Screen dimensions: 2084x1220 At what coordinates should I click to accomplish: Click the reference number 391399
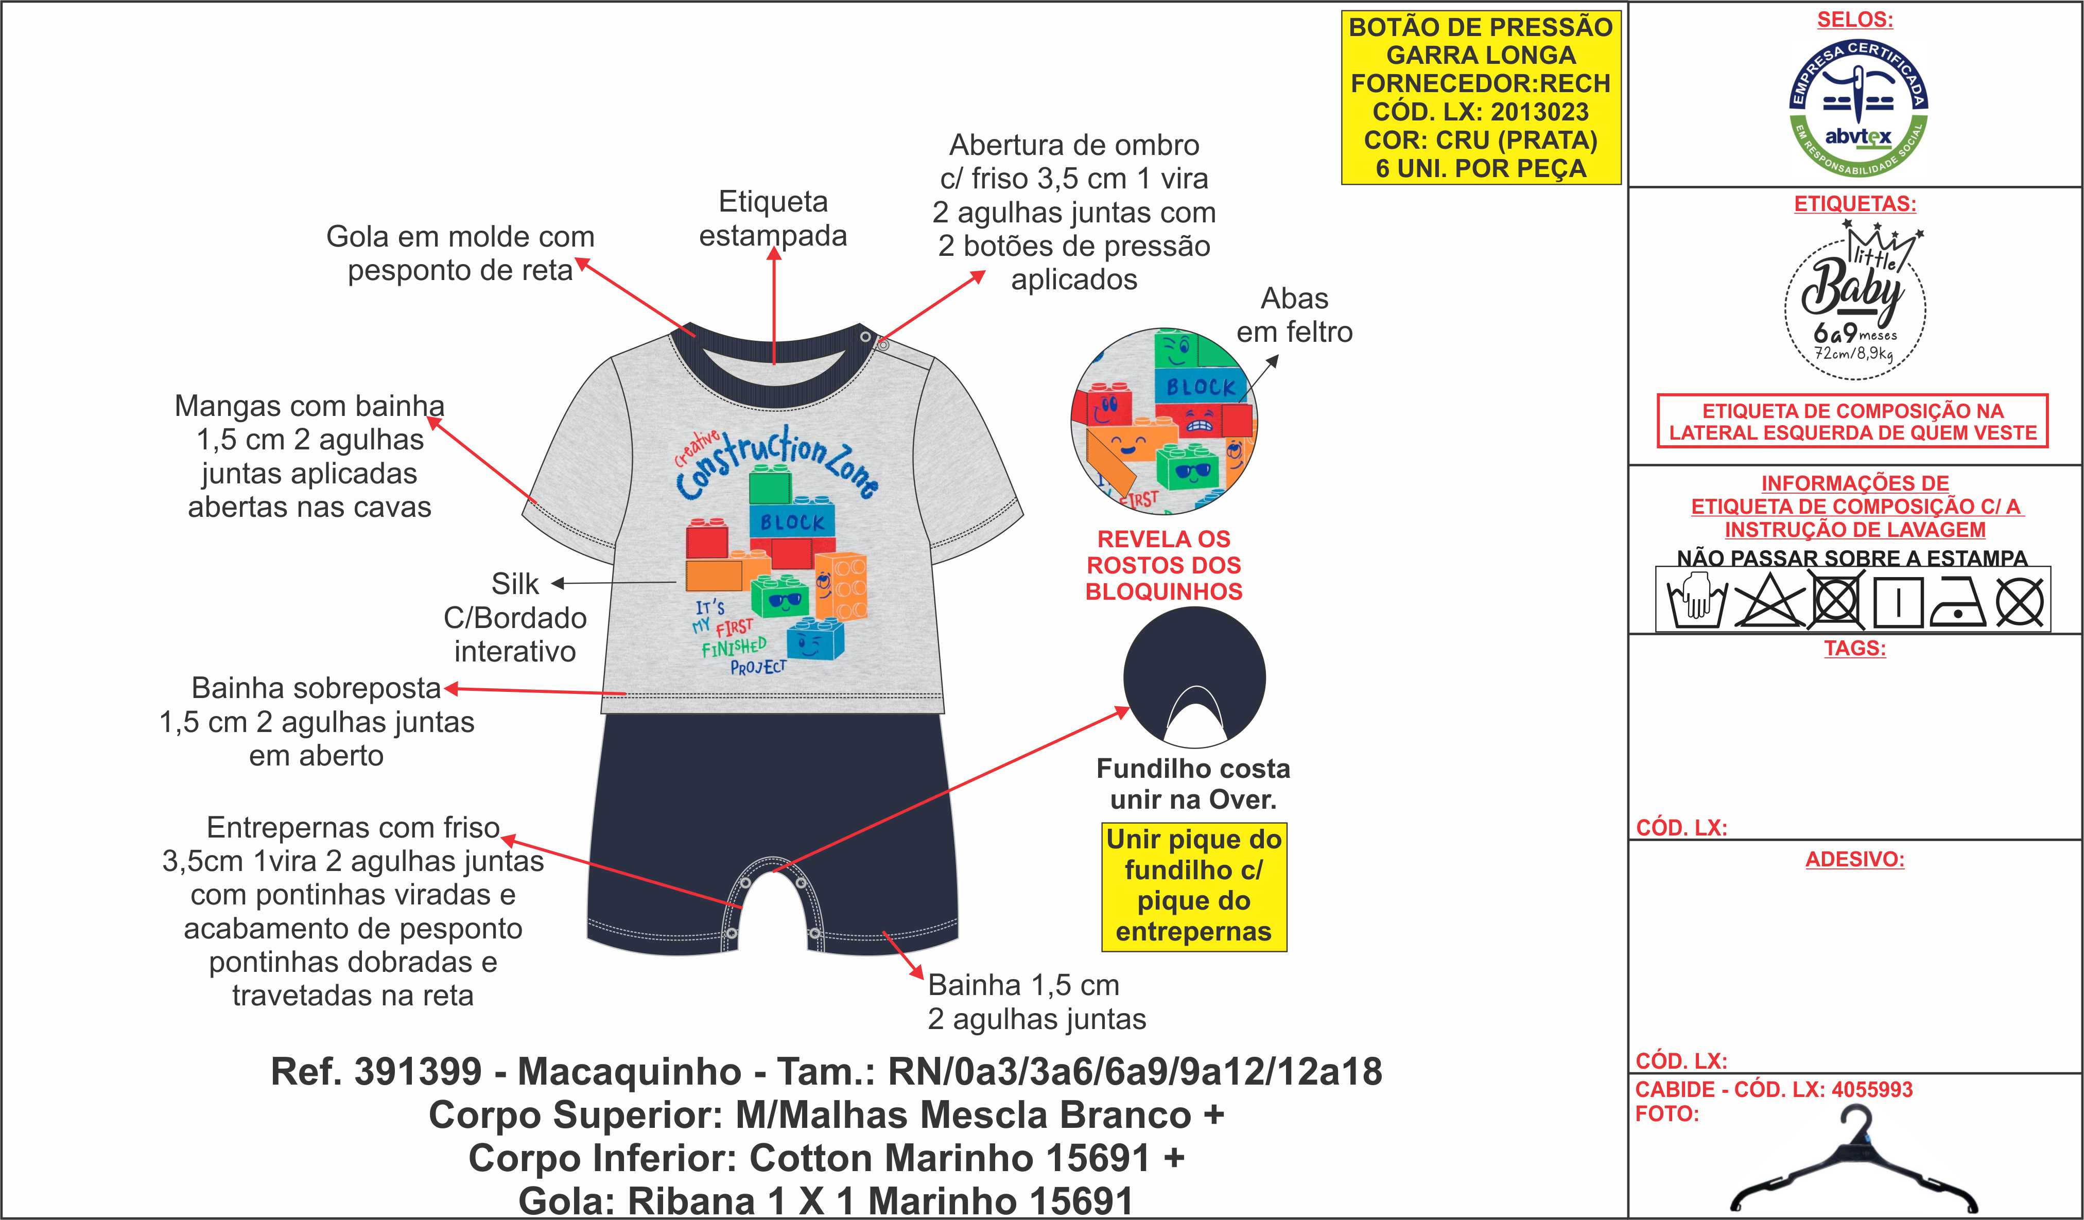418,1072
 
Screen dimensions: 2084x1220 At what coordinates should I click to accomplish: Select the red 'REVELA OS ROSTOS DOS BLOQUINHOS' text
1163,565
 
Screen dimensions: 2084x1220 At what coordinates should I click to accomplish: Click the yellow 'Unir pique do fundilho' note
1193,886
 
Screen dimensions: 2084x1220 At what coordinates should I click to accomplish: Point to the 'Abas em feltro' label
1294,315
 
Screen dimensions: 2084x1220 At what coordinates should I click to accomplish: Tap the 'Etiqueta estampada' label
773,218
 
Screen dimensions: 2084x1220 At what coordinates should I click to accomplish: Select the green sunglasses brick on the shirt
780,596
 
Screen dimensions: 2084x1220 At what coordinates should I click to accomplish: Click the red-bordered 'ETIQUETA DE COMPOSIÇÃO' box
1852,422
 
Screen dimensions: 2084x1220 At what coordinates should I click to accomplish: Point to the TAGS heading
1855,649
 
